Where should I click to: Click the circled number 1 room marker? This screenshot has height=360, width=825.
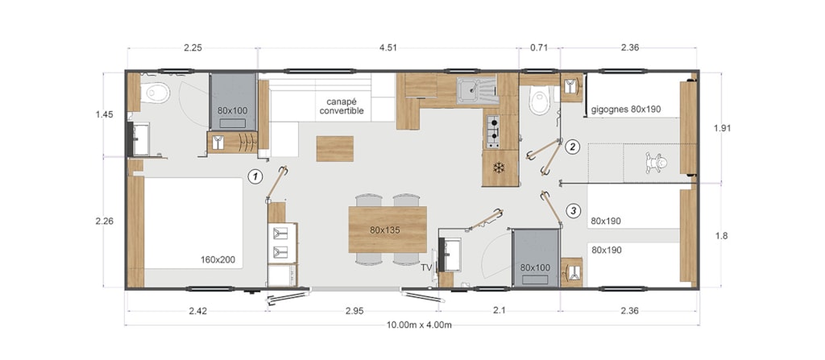(255, 177)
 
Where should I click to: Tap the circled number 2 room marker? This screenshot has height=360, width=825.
(573, 147)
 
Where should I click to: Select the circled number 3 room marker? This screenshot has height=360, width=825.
(574, 211)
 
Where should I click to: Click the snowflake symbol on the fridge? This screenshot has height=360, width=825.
(498, 168)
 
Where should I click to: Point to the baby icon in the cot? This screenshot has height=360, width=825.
(656, 163)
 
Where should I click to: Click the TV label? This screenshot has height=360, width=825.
(426, 268)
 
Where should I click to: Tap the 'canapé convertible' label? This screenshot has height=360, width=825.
(342, 106)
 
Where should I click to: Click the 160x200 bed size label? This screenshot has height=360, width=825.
(218, 259)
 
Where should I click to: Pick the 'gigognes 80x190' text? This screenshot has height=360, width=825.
(625, 110)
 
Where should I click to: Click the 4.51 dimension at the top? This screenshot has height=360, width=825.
(388, 48)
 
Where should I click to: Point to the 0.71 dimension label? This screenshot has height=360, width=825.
(539, 48)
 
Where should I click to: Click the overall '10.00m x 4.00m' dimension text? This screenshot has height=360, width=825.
(419, 325)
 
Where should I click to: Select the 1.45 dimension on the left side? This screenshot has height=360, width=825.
(104, 114)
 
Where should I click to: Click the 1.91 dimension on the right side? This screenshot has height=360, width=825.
(722, 128)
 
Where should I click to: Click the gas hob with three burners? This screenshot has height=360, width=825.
(493, 130)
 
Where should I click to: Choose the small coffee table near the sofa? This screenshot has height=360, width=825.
(334, 148)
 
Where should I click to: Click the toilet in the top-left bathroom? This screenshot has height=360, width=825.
(156, 93)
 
